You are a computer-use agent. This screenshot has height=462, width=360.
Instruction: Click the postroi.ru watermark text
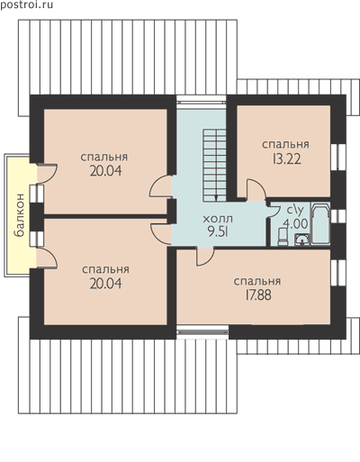(x=26, y=5)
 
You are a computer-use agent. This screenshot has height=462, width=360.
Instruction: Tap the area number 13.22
(x=286, y=159)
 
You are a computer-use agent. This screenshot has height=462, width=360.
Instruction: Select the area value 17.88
(x=258, y=295)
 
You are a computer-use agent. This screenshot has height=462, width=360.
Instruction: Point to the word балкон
(x=19, y=215)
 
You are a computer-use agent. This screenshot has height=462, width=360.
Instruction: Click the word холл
(x=218, y=219)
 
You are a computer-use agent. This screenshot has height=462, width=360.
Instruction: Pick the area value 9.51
(x=218, y=231)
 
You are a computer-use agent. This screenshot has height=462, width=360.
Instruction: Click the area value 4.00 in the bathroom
(x=295, y=223)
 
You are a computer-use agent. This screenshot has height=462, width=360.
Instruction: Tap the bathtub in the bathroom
(x=320, y=223)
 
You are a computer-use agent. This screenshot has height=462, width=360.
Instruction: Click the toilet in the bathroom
(x=283, y=237)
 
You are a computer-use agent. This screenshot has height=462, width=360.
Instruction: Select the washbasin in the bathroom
(x=301, y=240)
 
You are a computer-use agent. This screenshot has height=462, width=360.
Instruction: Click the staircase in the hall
(x=214, y=166)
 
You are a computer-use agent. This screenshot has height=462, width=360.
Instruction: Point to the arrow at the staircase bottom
(x=216, y=197)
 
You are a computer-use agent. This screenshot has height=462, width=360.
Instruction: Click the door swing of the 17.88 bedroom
(x=205, y=257)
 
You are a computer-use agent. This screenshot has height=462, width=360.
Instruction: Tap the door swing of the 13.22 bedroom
(x=256, y=189)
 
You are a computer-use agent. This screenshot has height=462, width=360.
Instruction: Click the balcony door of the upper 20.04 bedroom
(x=47, y=174)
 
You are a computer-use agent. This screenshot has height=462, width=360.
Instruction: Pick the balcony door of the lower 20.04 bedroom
(x=47, y=258)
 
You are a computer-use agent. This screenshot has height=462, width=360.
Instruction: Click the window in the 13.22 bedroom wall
(x=338, y=155)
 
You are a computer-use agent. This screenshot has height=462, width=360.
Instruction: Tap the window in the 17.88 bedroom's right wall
(x=338, y=272)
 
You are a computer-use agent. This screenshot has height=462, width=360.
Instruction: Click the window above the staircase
(x=201, y=101)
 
